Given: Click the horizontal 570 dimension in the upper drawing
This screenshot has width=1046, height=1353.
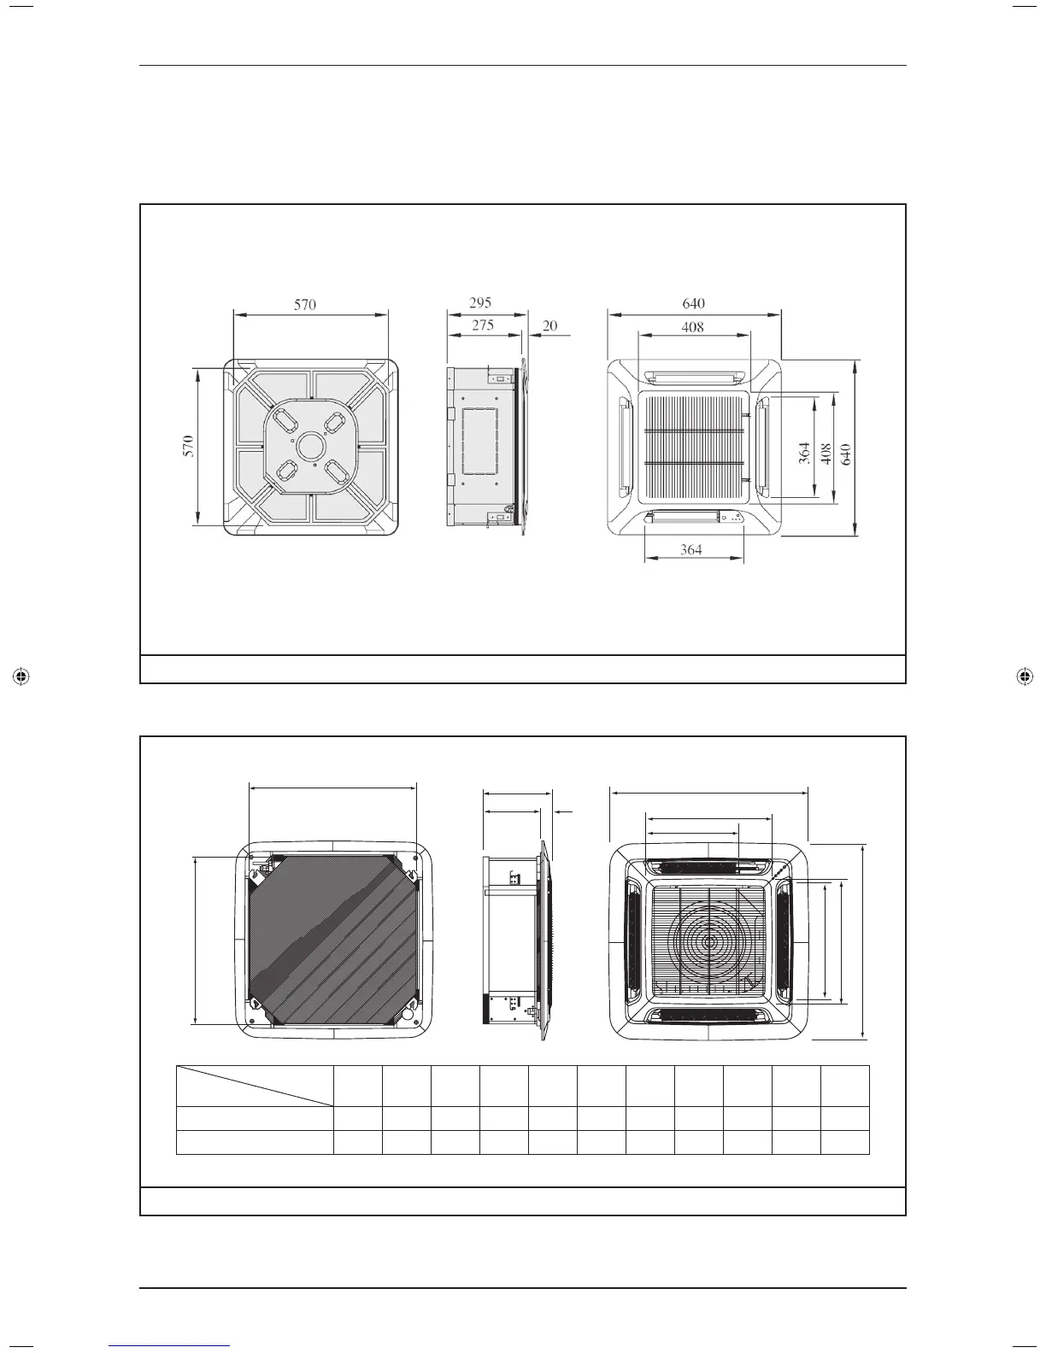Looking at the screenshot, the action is [305, 304].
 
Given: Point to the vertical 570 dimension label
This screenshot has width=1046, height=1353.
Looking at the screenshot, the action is [188, 445].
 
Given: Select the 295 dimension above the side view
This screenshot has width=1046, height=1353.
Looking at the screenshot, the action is [480, 302].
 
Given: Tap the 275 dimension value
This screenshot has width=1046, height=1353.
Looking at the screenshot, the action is [482, 325].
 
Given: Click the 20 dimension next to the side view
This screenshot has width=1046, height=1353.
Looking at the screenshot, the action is [549, 325].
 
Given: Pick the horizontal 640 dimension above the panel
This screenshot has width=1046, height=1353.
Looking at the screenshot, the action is [693, 302].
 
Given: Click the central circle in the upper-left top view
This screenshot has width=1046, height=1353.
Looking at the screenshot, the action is [309, 445].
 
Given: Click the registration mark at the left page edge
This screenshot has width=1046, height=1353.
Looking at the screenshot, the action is [22, 676].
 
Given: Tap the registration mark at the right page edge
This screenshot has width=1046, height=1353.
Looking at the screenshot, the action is [1024, 676].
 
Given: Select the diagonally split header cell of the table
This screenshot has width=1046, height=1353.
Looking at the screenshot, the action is [255, 1086].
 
